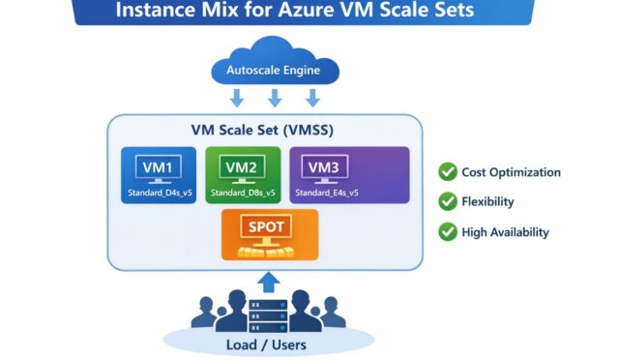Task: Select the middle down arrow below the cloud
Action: tap(275, 98)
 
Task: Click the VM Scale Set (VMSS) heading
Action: tap(265, 132)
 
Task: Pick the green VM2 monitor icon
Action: tap(243, 167)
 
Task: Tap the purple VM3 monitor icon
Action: tap(325, 167)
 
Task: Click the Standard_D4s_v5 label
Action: tap(160, 193)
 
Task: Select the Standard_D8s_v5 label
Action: tap(243, 193)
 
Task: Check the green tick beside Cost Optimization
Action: tap(448, 172)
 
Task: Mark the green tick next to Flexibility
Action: tap(448, 202)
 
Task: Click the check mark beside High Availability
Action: tap(448, 231)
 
